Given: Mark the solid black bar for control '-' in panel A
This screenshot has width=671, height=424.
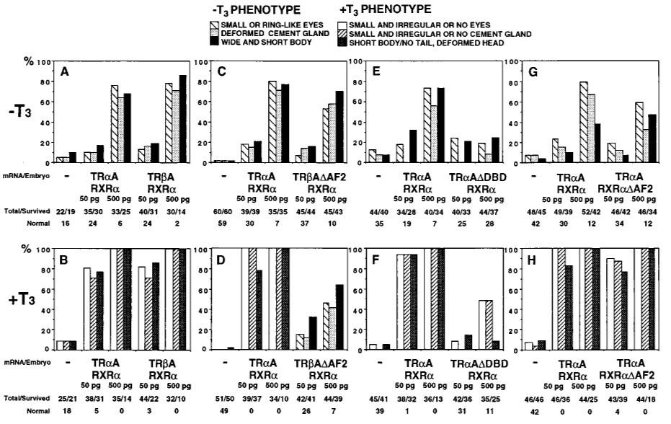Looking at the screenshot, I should (x=72, y=157).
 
